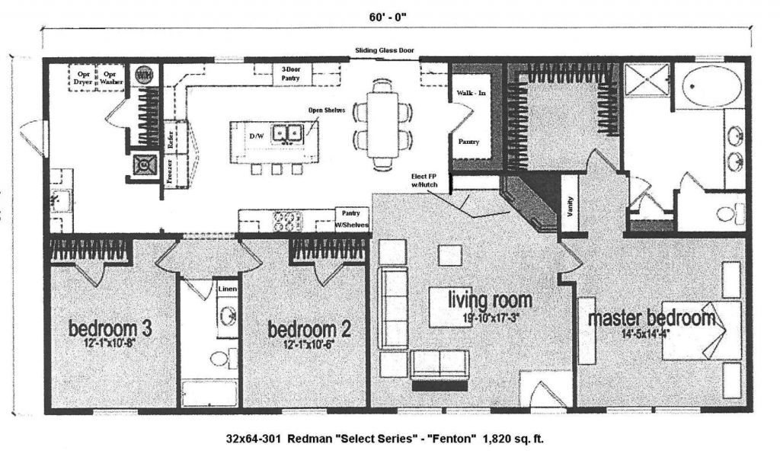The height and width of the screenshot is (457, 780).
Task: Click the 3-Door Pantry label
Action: pos(291,73)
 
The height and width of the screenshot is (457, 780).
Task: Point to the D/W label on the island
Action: pos(257,136)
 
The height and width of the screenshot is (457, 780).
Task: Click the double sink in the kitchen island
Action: pos(288,134)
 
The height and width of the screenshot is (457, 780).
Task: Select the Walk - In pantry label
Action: pos(466,93)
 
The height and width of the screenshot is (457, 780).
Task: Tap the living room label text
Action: pos(479,299)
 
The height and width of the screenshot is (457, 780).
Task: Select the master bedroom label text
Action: pos(651,318)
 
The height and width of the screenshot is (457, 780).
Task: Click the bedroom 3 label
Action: pos(110,329)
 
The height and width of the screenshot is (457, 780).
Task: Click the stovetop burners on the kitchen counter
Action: pos(289,221)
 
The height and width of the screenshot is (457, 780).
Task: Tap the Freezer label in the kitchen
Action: pos(169,171)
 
